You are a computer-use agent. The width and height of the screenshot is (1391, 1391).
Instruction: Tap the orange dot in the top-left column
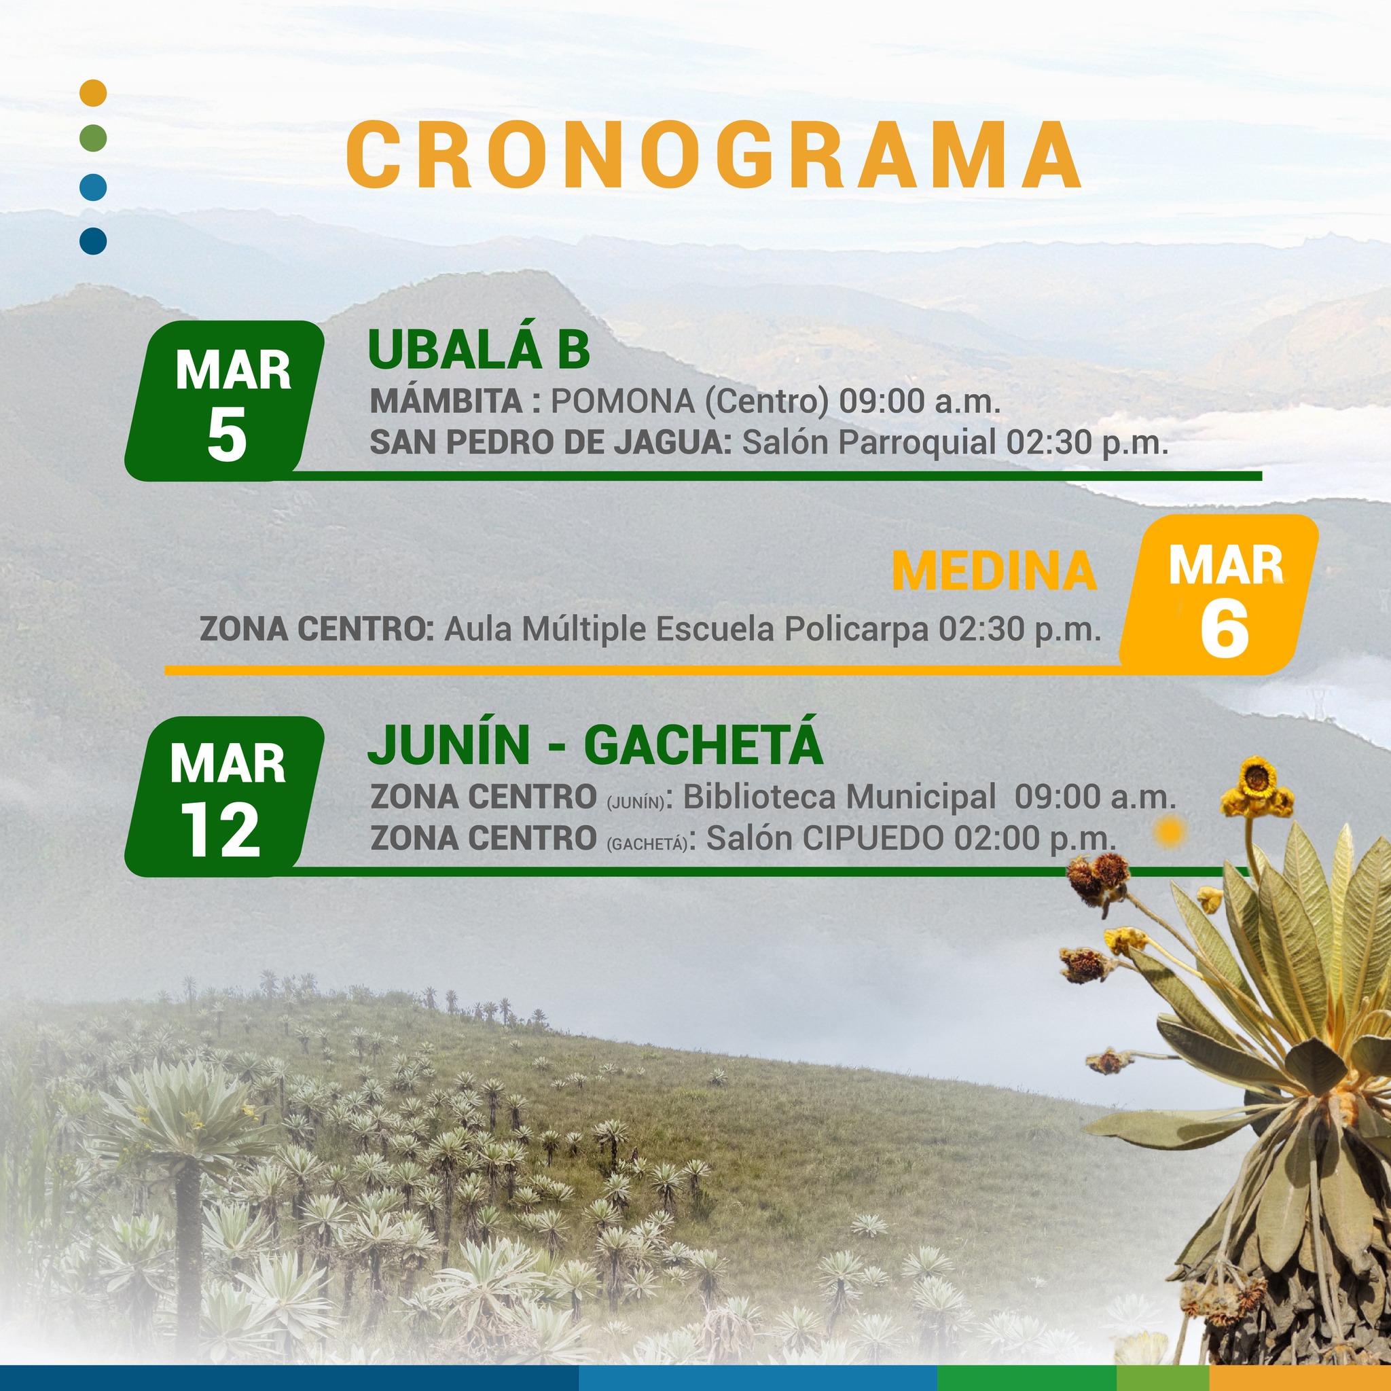[94, 93]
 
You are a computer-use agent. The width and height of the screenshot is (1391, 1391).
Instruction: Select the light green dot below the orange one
[94, 137]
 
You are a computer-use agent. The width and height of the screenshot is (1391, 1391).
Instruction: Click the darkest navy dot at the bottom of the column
[94, 240]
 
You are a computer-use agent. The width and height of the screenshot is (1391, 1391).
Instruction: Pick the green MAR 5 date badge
[225, 400]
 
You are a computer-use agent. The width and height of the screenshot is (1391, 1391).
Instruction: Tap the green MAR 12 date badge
[225, 796]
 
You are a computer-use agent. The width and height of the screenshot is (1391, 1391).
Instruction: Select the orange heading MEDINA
[994, 571]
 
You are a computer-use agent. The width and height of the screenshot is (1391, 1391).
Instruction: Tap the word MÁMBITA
[446, 400]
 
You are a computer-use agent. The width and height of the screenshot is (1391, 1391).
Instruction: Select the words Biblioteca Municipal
[839, 797]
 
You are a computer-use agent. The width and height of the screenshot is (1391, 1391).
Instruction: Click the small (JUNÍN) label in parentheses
[636, 803]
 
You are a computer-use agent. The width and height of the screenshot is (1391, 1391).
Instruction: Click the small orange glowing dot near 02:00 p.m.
[1168, 832]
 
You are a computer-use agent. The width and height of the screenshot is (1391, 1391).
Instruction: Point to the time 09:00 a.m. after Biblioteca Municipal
[1095, 797]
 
